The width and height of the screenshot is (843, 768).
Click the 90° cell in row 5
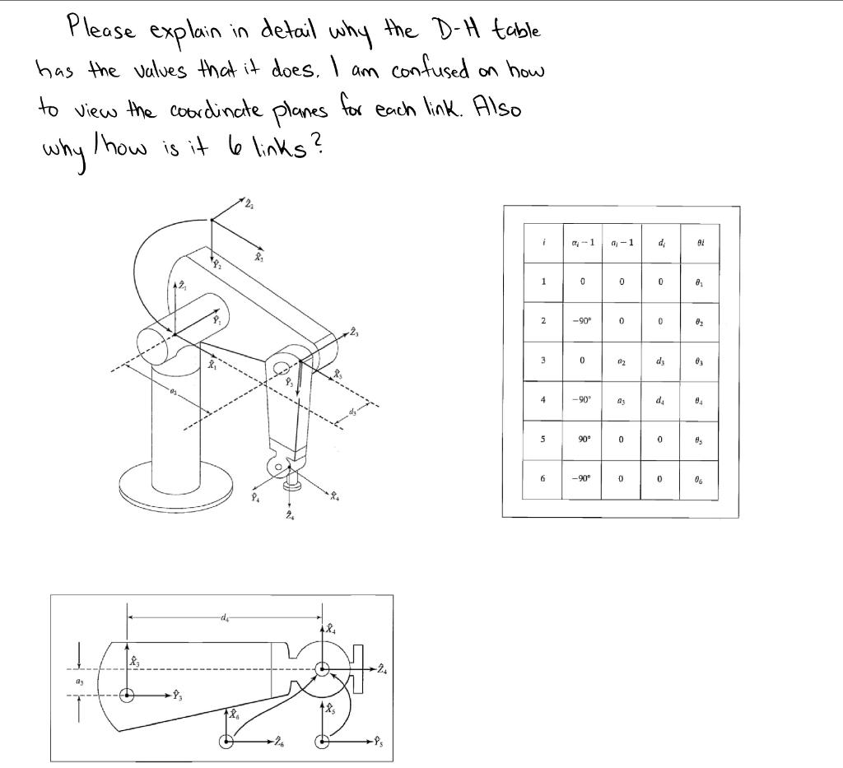coord(582,439)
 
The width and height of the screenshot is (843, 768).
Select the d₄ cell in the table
coord(660,400)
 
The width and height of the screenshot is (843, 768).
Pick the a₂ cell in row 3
coord(622,361)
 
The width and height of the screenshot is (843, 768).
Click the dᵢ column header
coord(660,243)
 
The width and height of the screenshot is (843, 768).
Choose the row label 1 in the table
coord(543,282)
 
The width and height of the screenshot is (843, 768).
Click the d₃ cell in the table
coord(660,361)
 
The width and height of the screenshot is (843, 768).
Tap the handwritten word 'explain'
coord(189,34)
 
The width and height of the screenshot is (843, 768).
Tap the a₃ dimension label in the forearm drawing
coord(79,682)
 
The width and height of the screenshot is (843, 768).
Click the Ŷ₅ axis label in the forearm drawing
coord(380,738)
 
